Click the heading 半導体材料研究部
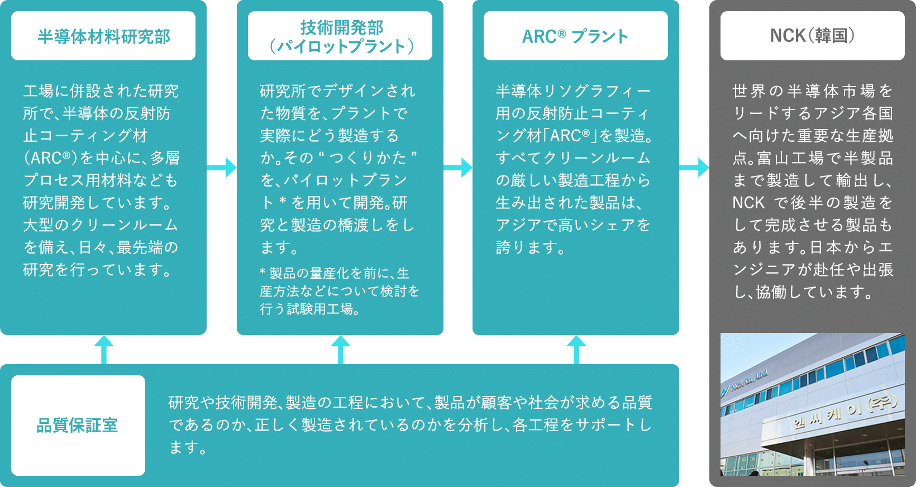coord(103,36)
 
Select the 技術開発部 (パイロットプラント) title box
coord(340,36)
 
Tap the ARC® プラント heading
coord(575,36)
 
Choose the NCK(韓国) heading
coord(812,36)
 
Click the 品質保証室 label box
coord(78,426)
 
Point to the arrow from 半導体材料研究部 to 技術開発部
coord(222,167)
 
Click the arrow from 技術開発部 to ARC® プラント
coord(459,167)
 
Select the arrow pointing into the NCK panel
coord(694,167)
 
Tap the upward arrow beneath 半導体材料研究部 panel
coord(103,349)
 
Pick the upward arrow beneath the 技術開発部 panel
coord(340,349)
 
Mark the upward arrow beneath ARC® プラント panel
coord(576,349)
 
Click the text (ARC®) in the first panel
coord(50,158)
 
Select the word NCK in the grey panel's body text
coord(748,203)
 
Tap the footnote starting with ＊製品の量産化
coord(339,290)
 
